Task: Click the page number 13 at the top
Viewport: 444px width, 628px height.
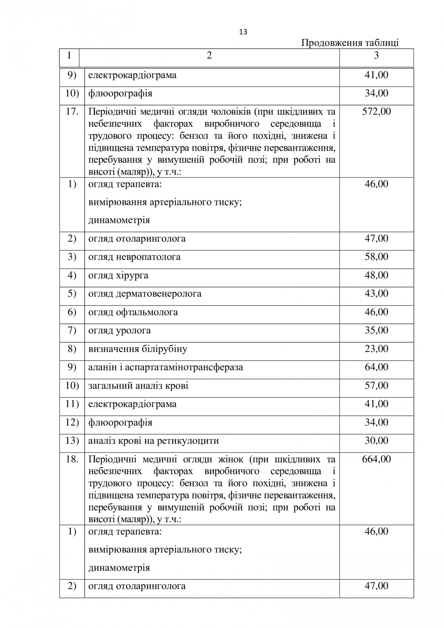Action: [243, 32]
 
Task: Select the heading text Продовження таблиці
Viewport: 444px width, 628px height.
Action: [350, 43]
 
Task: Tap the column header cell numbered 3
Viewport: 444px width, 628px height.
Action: [376, 56]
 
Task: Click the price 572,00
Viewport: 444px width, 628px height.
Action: [376, 111]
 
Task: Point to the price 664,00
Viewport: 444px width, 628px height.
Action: [376, 459]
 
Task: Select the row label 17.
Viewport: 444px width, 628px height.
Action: [72, 111]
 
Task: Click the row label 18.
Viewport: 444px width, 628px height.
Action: [72, 459]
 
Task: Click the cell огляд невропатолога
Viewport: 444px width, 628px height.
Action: [134, 257]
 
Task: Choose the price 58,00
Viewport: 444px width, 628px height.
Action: [376, 257]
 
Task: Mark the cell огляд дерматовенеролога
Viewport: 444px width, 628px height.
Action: [145, 294]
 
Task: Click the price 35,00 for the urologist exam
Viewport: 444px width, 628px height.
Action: [376, 330]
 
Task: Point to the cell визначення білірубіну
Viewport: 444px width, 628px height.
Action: [138, 349]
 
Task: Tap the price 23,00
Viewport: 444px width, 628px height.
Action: [376, 349]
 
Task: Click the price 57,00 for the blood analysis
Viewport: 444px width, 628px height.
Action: [376, 386]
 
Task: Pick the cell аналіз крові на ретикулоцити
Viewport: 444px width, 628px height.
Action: [153, 441]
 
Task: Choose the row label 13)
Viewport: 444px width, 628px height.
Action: [72, 441]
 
